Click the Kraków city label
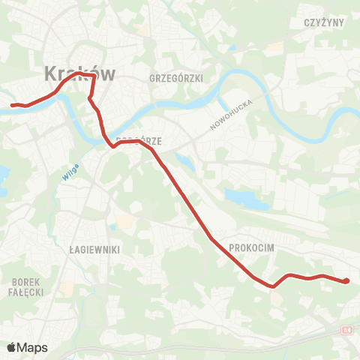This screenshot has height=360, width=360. (79, 73)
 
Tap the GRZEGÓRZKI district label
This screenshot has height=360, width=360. (177, 78)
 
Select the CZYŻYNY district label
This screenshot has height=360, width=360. (324, 22)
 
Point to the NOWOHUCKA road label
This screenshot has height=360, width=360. (232, 115)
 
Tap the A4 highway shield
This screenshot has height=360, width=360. (346, 329)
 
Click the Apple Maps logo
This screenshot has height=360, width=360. (27, 347)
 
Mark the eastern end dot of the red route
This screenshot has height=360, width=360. (346, 281)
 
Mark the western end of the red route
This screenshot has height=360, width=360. (12, 105)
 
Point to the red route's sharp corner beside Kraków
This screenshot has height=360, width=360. (94, 76)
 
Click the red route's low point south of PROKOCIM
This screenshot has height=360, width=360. (272, 286)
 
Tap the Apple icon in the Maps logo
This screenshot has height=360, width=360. (11, 347)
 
